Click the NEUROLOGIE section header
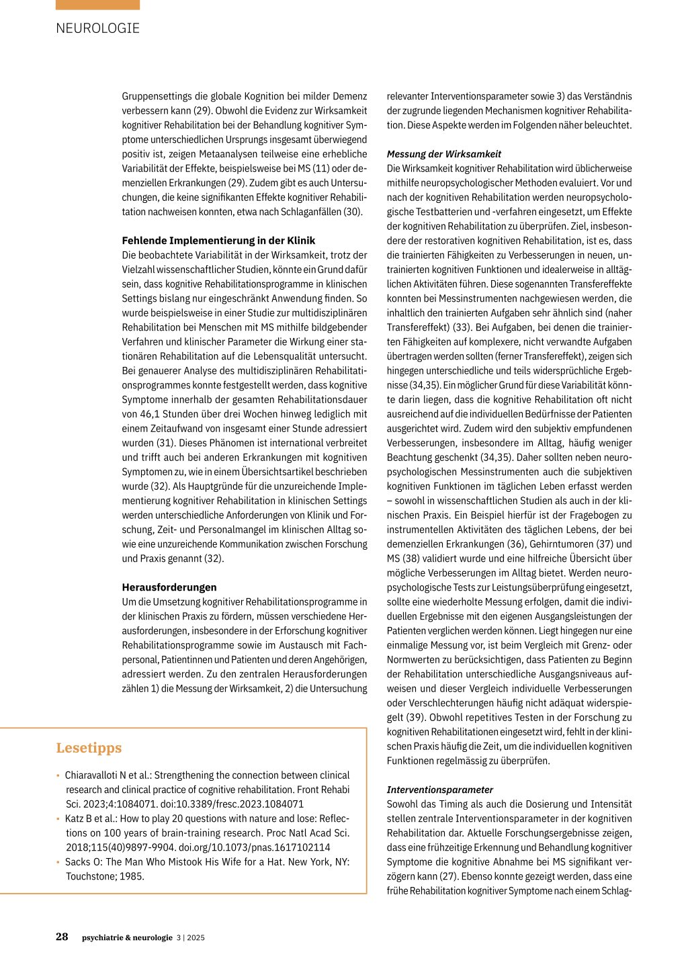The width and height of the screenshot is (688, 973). pyautogui.click(x=98, y=28)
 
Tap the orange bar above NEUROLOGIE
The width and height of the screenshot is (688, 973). pyautogui.click(x=98, y=5)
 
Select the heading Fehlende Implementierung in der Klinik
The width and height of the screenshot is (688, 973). pyautogui.click(x=218, y=241)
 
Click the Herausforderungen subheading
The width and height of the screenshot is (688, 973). pyautogui.click(x=169, y=587)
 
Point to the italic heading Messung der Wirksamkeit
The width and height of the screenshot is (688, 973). pyautogui.click(x=444, y=154)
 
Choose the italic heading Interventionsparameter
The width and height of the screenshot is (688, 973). pyautogui.click(x=440, y=790)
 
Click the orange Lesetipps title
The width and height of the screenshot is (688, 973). pyautogui.click(x=89, y=748)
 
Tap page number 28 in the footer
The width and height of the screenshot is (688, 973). pyautogui.click(x=62, y=937)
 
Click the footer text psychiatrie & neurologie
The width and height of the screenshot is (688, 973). pyautogui.click(x=127, y=937)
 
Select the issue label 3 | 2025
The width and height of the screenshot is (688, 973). pyautogui.click(x=191, y=937)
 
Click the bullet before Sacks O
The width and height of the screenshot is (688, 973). pyautogui.click(x=58, y=862)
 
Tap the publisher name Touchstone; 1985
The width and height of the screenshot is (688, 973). pyautogui.click(x=105, y=876)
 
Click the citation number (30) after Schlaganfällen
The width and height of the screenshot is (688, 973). pyautogui.click(x=353, y=212)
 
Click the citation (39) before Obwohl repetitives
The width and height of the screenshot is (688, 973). pyautogui.click(x=417, y=718)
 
